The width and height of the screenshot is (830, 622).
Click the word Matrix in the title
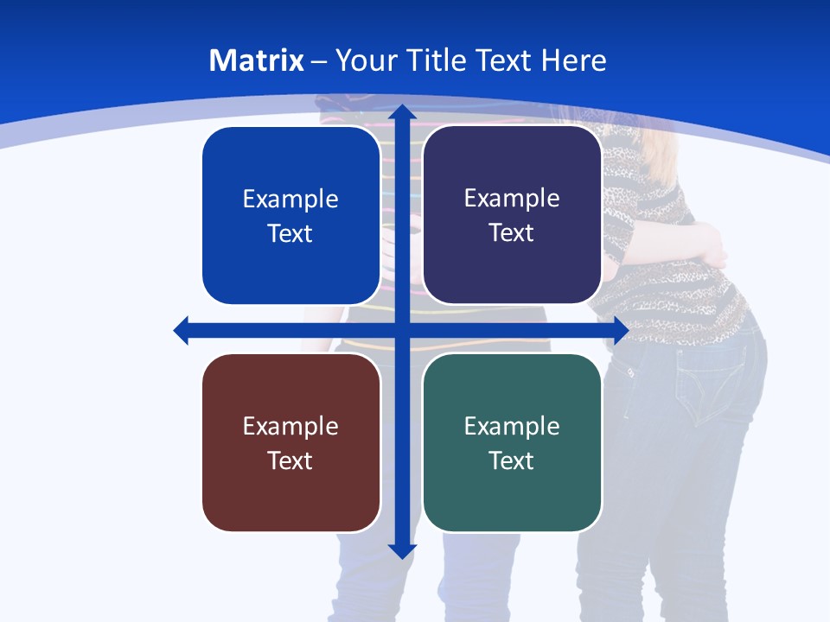(256, 60)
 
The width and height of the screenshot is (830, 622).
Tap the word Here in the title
(574, 60)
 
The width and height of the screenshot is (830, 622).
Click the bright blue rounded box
(291, 216)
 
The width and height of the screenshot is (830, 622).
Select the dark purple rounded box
(512, 215)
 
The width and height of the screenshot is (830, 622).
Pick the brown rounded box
(291, 442)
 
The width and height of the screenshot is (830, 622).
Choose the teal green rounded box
(512, 442)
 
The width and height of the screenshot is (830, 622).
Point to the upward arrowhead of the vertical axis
(402, 112)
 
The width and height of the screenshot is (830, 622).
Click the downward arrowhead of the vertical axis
(402, 550)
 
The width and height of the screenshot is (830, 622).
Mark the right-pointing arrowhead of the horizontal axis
(620, 330)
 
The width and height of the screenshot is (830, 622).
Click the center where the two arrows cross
(402, 330)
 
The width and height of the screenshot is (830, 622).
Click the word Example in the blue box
(290, 200)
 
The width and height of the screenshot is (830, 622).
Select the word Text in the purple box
(512, 233)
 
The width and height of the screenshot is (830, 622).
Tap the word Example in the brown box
(290, 426)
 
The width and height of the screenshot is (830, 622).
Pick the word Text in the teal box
(512, 460)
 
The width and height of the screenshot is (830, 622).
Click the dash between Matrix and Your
(319, 61)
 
